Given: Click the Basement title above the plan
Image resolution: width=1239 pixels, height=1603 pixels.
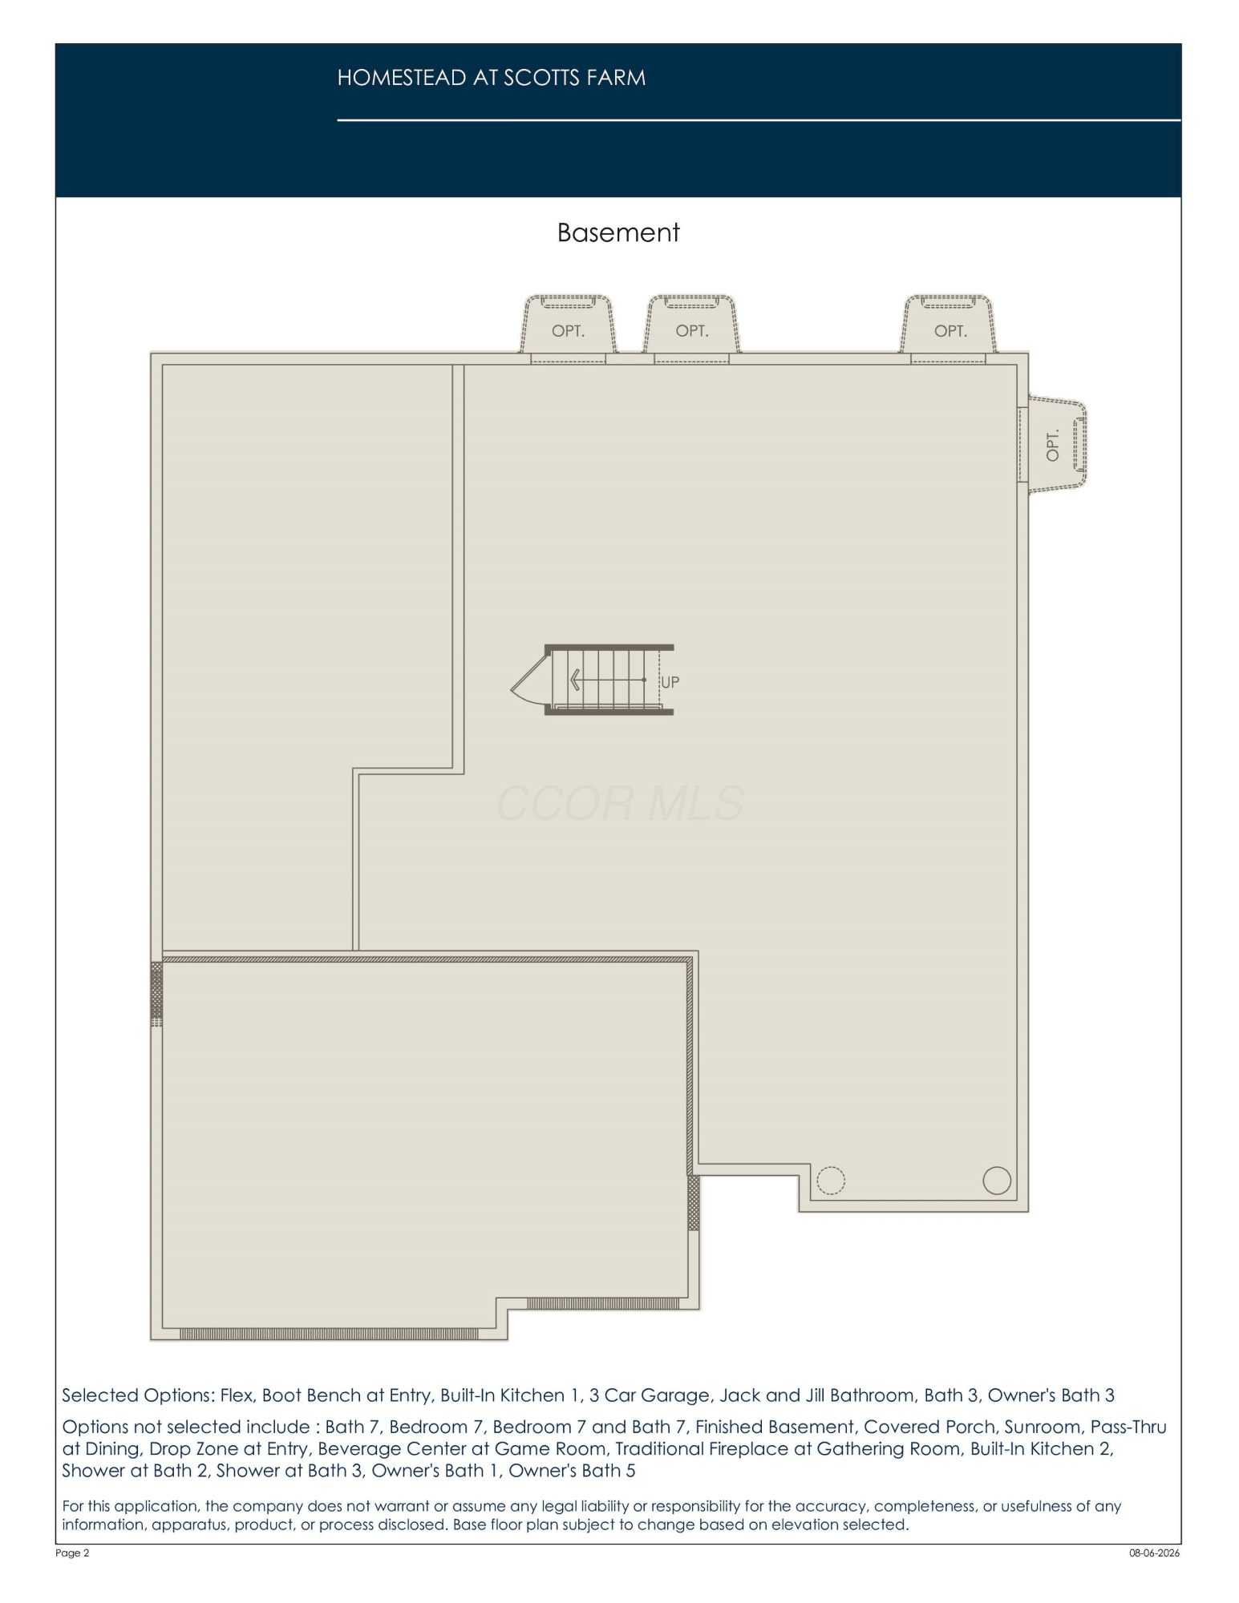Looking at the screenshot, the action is pos(618,232).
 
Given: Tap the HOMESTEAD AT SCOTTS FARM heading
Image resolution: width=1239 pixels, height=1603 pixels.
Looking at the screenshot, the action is pos(491,78).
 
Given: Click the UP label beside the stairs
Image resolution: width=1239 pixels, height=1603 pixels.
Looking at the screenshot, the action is pos(670,682).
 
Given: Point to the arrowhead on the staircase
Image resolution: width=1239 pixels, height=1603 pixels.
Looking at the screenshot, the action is pos(575,680).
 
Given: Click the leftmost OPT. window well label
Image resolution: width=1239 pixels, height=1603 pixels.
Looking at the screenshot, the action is pos(568,331).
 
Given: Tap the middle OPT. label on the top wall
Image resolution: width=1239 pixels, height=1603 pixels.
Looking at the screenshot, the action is pos(692,331).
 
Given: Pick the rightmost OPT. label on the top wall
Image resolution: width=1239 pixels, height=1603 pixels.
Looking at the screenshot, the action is pos(950,331).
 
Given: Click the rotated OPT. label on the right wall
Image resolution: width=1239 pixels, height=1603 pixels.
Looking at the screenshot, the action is pos(1053,445).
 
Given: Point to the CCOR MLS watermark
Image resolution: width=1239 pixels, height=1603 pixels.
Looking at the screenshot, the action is pos(620,804).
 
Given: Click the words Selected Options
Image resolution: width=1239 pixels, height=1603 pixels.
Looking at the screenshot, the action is pos(137,1395).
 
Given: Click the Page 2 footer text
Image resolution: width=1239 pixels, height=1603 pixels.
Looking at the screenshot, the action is pos(73,1553).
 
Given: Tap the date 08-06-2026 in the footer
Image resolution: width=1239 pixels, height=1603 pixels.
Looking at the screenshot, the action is pos(1155,1553).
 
